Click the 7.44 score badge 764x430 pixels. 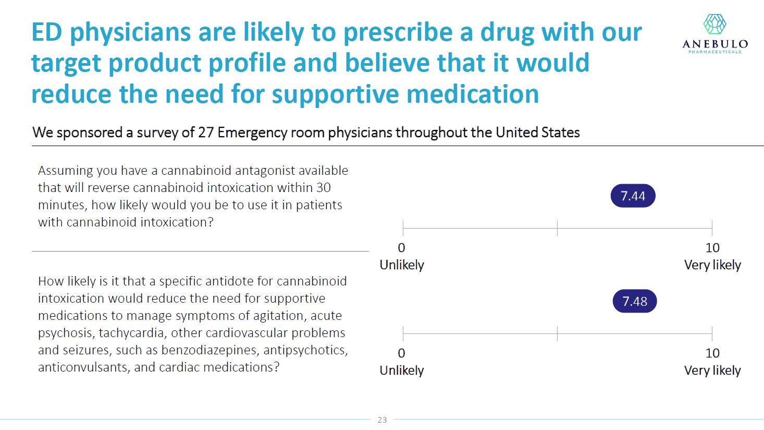[633, 196]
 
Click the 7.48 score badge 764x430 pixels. [634, 302]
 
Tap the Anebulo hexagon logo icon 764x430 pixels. [714, 25]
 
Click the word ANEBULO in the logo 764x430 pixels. [715, 44]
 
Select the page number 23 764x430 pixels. [382, 420]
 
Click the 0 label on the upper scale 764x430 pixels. [401, 248]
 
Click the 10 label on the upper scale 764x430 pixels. [712, 248]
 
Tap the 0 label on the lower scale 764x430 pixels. [401, 353]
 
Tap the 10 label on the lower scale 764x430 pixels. [712, 353]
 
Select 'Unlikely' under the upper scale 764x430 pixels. [402, 265]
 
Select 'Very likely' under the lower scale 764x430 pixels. [712, 371]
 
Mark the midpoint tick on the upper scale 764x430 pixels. [557, 228]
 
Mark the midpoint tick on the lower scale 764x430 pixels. [557, 333]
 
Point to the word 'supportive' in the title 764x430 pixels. [336, 94]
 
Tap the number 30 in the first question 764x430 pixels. [323, 188]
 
